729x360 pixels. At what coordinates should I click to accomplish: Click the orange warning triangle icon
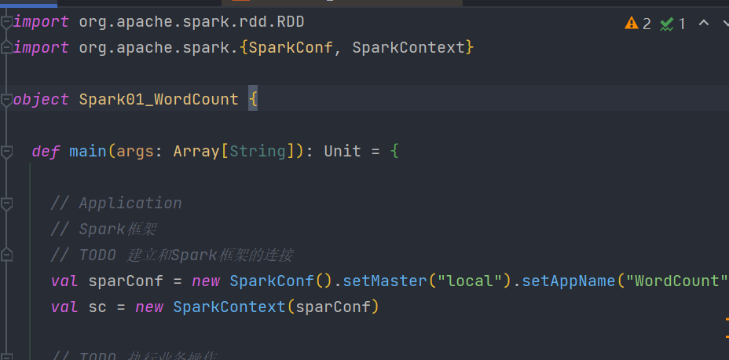(632, 23)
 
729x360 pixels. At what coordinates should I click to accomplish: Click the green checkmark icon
(667, 24)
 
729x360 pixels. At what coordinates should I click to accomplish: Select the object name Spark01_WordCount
(158, 99)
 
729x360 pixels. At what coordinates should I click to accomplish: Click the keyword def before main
(46, 151)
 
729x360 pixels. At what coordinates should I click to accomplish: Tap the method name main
(87, 151)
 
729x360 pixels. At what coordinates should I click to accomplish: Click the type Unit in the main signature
(343, 151)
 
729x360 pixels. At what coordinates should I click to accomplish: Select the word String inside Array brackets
(258, 151)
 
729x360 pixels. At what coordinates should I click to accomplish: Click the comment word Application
(130, 203)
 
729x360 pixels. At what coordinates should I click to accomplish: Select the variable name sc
(97, 307)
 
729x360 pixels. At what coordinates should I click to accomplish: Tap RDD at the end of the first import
(290, 21)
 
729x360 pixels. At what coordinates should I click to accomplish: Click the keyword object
(41, 99)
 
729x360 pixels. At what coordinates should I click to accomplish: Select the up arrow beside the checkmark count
(704, 23)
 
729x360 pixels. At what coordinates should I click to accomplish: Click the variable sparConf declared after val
(125, 281)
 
